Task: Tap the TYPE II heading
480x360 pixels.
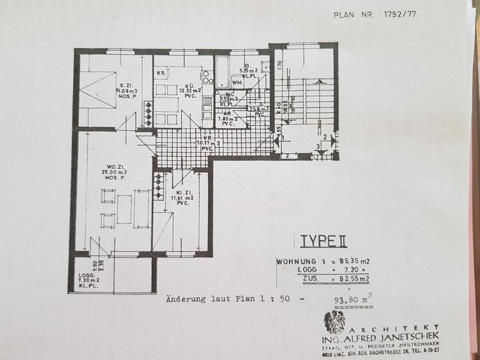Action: (320, 241)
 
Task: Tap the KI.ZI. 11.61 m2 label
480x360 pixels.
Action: (182, 197)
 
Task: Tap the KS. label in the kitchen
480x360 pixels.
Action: (161, 73)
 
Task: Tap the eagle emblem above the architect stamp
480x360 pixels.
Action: (334, 322)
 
